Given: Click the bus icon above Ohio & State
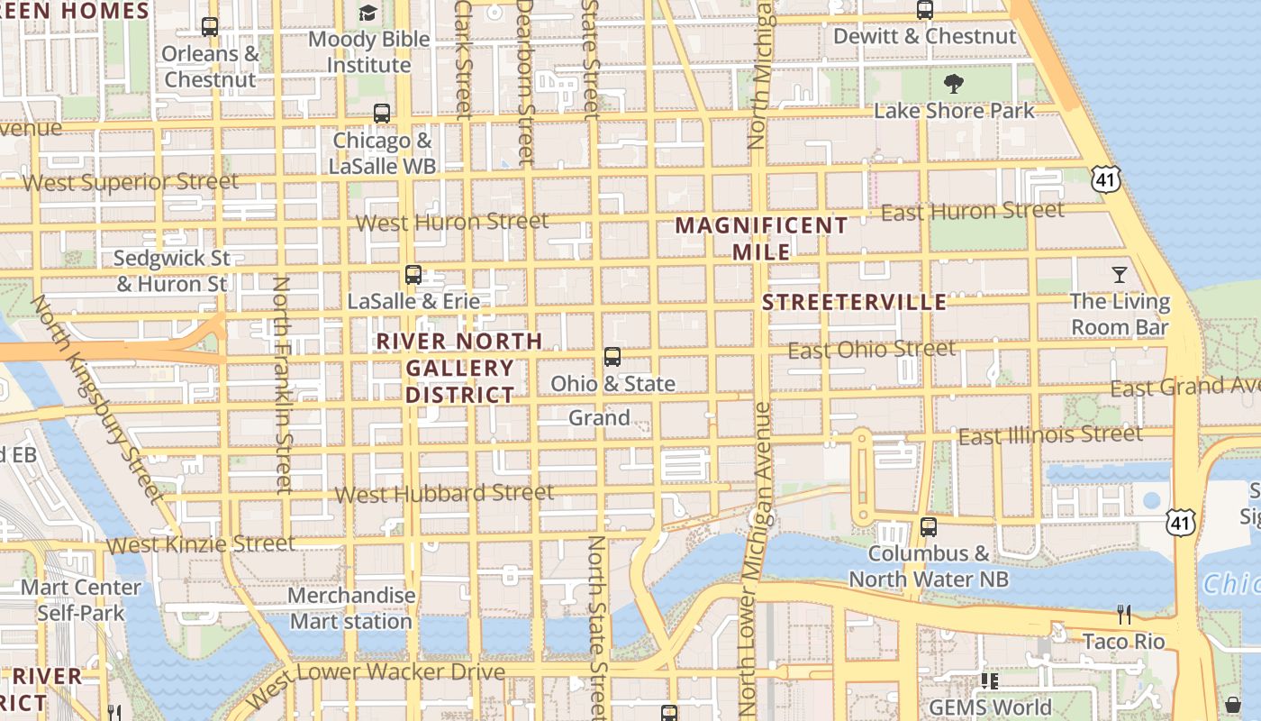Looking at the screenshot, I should tap(612, 357).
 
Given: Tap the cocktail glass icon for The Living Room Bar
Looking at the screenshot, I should tap(1120, 275).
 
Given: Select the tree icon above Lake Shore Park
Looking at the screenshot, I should tap(954, 85).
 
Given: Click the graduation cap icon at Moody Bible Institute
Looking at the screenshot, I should tap(367, 13).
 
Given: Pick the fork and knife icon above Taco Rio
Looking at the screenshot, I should tap(1123, 615).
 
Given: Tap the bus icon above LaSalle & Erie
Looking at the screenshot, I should tap(413, 275).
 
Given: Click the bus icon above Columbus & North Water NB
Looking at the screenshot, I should tap(929, 527).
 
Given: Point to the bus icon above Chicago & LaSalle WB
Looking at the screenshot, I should tap(382, 114).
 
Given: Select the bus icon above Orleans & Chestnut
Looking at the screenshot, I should tap(210, 27).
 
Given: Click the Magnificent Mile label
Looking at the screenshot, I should tap(762, 238).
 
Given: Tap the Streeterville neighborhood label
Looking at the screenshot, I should tap(854, 302).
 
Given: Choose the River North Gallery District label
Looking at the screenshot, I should tap(459, 368).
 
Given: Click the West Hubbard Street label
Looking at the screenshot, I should tap(444, 493).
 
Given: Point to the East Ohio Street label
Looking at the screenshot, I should tap(871, 349).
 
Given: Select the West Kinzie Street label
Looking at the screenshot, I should tap(201, 544).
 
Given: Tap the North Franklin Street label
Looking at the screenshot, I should tap(283, 385).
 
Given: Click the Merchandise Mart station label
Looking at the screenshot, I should tap(351, 608).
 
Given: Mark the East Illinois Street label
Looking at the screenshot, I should tap(1050, 435).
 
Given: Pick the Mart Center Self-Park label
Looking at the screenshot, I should tap(81, 600).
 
